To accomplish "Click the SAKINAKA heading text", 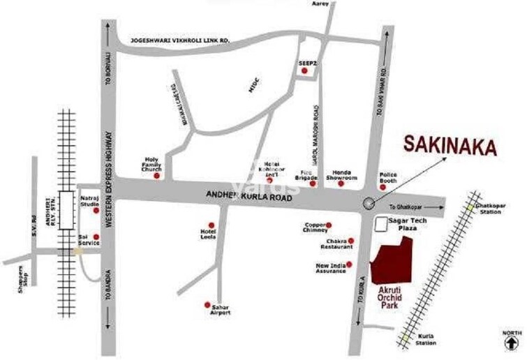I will pos(450,147).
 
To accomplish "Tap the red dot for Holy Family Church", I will pos(156,176).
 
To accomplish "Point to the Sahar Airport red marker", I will pos(206,304).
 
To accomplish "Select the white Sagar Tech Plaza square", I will pos(381,223).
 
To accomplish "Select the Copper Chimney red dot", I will pos(329,225).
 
